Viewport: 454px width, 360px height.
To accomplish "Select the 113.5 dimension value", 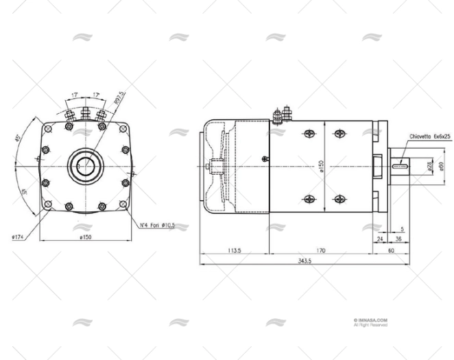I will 234,250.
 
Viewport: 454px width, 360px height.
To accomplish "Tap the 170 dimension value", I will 321,250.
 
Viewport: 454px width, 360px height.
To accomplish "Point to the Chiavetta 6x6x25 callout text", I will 429,137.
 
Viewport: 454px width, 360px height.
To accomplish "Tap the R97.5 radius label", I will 121,97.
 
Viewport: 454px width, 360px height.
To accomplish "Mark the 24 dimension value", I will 380,239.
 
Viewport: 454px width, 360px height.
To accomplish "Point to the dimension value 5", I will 402,228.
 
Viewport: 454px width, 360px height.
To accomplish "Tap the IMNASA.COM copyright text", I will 370,320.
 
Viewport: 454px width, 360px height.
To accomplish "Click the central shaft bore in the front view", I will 86,165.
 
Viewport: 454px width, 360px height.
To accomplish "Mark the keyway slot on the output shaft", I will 400,164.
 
